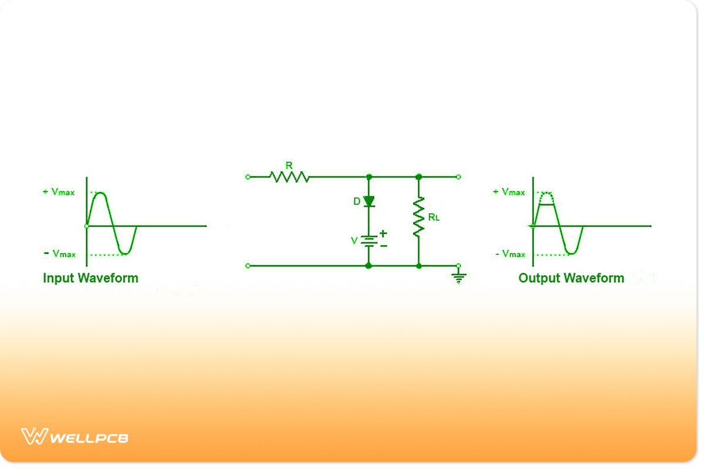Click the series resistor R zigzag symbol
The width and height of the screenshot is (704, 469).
click(x=289, y=177)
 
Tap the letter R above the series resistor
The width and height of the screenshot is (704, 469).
click(x=289, y=165)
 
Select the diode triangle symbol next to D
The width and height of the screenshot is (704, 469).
click(x=369, y=201)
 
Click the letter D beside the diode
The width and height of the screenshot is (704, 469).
click(x=357, y=201)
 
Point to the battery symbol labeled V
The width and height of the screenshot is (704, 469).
click(x=369, y=241)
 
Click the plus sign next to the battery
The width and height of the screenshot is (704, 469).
click(x=383, y=233)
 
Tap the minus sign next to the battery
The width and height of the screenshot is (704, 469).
click(x=384, y=246)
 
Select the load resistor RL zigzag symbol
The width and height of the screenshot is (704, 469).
click(x=419, y=217)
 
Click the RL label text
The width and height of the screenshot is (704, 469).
click(x=434, y=217)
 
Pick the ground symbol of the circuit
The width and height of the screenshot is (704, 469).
click(x=459, y=277)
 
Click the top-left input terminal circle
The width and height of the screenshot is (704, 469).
click(x=248, y=177)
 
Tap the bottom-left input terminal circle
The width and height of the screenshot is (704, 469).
click(x=248, y=266)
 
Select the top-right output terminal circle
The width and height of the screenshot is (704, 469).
click(x=459, y=177)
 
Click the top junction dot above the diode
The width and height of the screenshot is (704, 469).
click(x=369, y=177)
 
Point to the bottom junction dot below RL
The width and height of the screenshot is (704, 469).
click(x=419, y=266)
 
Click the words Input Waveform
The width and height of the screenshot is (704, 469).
click(x=90, y=278)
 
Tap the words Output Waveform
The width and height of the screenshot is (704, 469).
click(x=571, y=278)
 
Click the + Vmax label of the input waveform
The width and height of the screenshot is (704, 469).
click(x=59, y=192)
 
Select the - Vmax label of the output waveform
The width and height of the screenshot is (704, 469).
click(x=510, y=253)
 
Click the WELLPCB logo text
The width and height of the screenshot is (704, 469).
click(x=89, y=438)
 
